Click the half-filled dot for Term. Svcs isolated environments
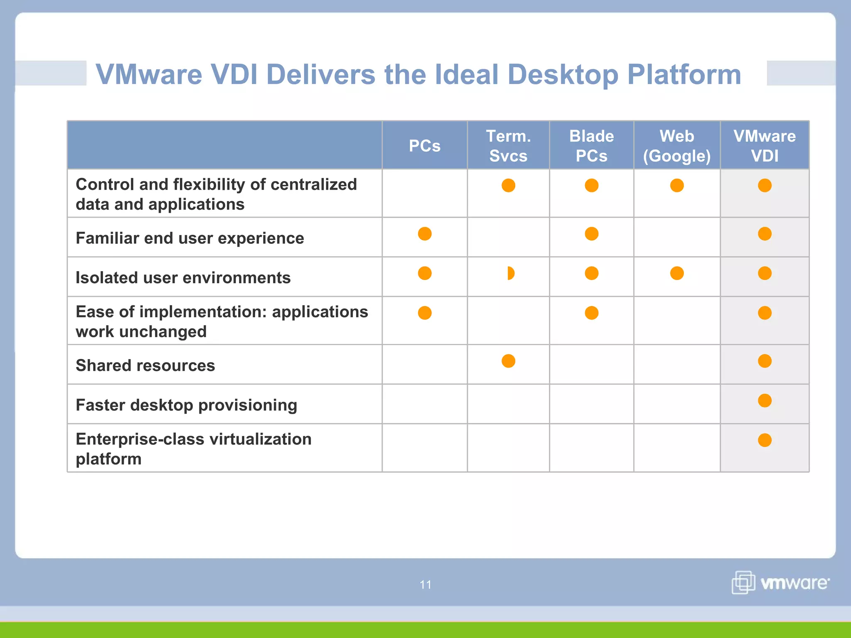(x=511, y=273)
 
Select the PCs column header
(x=424, y=146)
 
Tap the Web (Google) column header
(x=676, y=146)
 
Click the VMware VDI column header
(x=764, y=146)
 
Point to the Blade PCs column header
(x=591, y=146)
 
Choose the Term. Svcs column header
(x=508, y=146)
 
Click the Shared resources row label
(x=145, y=366)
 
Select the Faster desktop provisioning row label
(x=186, y=405)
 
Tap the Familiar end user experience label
(x=190, y=238)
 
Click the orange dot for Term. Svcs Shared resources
(x=508, y=361)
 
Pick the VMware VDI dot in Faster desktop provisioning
(x=765, y=400)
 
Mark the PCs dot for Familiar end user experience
(x=425, y=234)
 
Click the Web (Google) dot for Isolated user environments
(x=677, y=273)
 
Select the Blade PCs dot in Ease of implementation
(x=591, y=313)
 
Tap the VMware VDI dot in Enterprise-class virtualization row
(x=765, y=440)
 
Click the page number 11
(x=425, y=584)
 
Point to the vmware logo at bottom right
(x=780, y=582)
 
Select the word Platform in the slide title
(x=684, y=75)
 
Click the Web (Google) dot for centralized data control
(x=677, y=185)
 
